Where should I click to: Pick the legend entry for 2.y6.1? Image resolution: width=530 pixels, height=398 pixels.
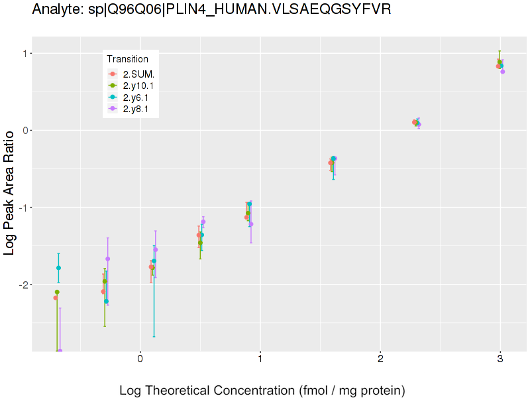coord(132,97)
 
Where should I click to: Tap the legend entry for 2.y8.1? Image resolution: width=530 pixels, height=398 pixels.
coord(132,108)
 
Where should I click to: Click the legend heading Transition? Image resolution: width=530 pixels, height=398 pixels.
coord(127,59)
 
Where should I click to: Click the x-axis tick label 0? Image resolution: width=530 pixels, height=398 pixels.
coord(140,360)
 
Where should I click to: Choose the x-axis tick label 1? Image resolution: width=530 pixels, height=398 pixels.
coord(260,360)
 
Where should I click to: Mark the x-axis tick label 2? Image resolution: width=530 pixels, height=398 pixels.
coord(380,360)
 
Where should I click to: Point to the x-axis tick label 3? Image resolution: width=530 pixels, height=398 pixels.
coord(500,360)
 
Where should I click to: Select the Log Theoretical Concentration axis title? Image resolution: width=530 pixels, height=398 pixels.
coord(262,390)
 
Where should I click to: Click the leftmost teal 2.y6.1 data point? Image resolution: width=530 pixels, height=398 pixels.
coord(58,268)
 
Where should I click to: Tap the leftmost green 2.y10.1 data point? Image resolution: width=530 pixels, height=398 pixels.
coord(57,292)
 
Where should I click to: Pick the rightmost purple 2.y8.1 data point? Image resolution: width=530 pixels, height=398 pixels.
coord(502,72)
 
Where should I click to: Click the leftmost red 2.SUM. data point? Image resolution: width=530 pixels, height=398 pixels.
coord(56,298)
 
